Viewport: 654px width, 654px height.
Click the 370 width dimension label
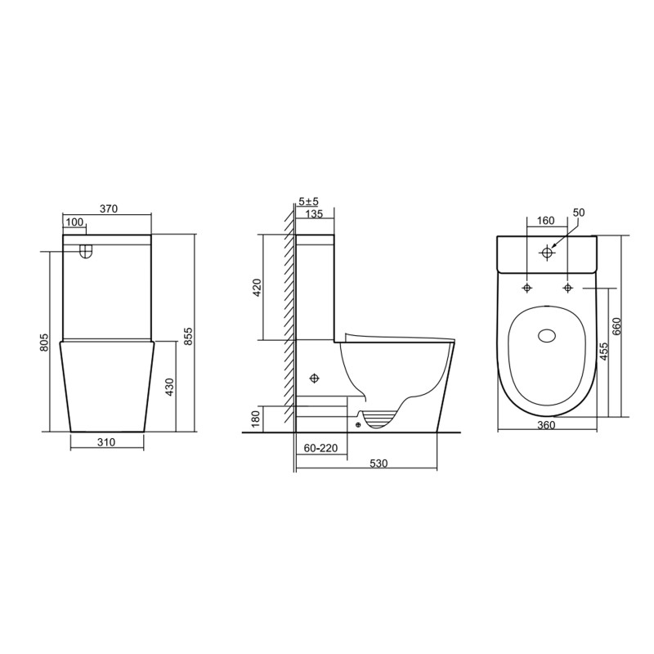[109, 209]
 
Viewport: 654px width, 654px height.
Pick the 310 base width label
[107, 442]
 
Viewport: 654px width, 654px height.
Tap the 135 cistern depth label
[314, 215]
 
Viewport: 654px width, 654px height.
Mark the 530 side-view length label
[378, 464]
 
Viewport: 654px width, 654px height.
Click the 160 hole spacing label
[545, 221]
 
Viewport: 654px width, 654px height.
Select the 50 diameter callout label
[579, 213]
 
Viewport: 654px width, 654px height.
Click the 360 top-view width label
[546, 425]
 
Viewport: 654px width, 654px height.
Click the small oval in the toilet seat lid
[547, 334]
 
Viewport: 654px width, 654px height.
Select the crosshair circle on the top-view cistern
[547, 253]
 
